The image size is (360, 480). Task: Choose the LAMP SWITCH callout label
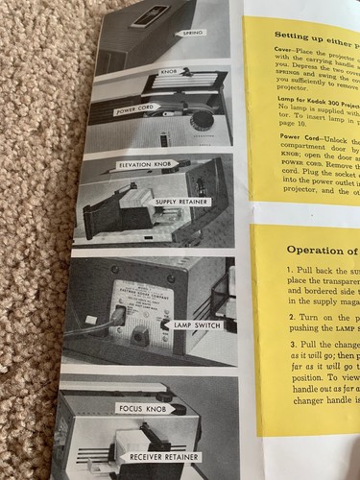(x=196, y=326)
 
